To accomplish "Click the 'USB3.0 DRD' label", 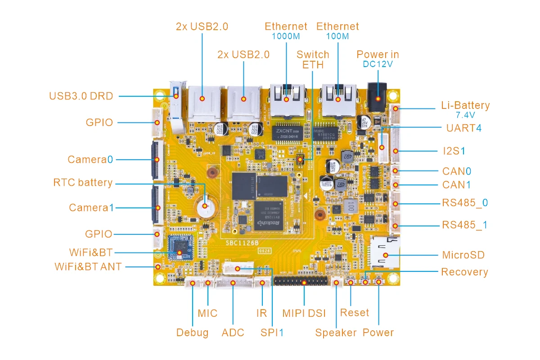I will (x=81, y=96).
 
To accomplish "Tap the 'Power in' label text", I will (x=378, y=54).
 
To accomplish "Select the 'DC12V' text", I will (x=378, y=64).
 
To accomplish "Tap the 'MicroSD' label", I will (x=463, y=255).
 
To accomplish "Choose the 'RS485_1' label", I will (x=465, y=225).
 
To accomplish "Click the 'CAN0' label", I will (x=457, y=171).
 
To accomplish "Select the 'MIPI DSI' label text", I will (x=304, y=313).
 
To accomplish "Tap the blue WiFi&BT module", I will (x=180, y=247).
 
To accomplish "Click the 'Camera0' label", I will (x=90, y=159).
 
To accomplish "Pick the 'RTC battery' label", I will (x=83, y=183).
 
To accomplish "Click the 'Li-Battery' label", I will (x=465, y=106).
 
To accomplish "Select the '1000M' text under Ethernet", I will (x=286, y=36).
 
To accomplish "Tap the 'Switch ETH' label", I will (x=313, y=59).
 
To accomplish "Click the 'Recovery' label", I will (x=464, y=272).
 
